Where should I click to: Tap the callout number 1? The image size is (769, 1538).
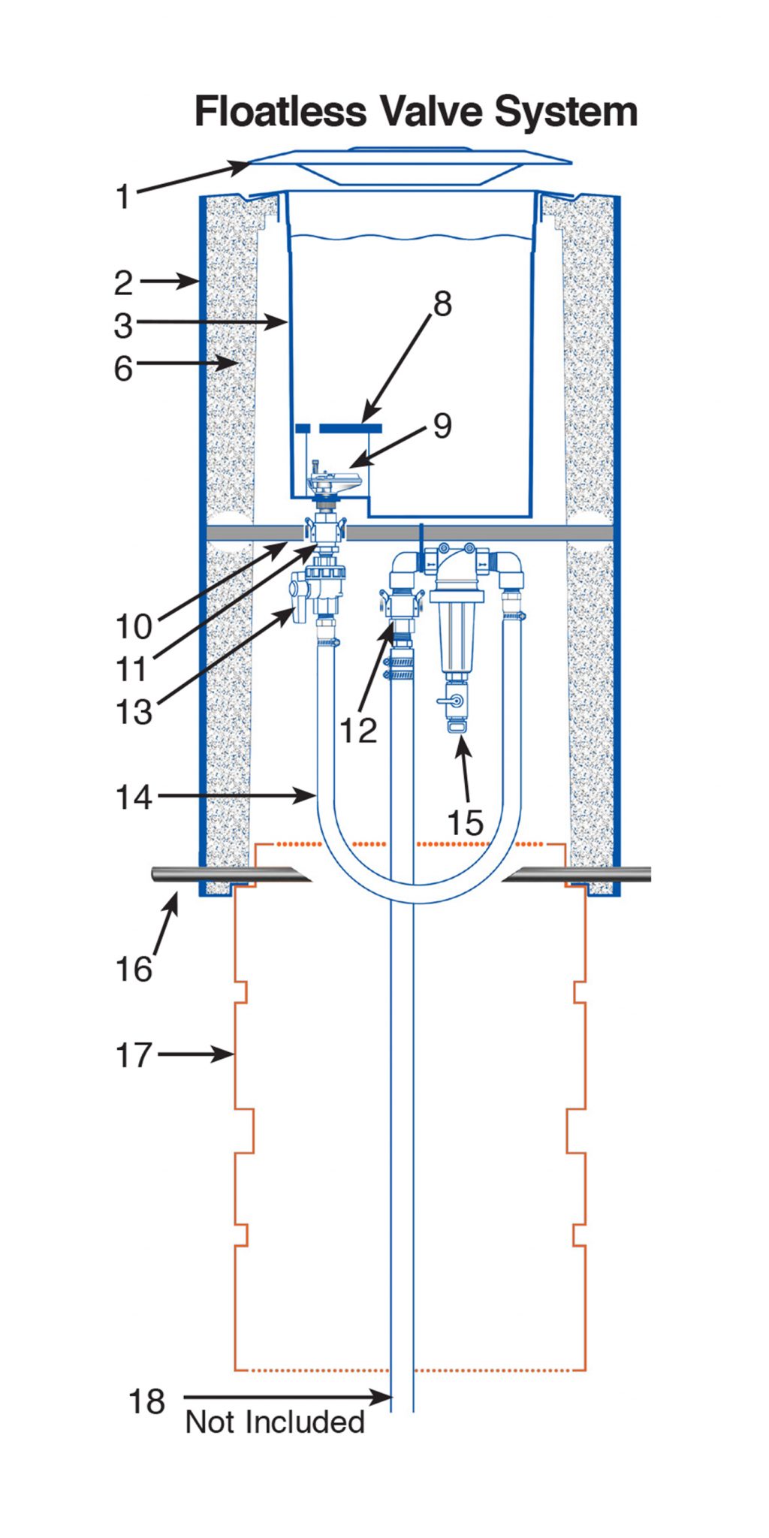pyautogui.click(x=123, y=198)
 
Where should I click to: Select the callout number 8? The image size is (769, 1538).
pyautogui.click(x=442, y=304)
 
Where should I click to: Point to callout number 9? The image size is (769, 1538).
pyautogui.click(x=442, y=426)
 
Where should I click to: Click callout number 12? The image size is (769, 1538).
pyautogui.click(x=357, y=730)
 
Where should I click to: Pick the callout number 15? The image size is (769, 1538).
pyautogui.click(x=465, y=822)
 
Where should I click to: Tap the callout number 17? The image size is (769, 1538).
pyautogui.click(x=134, y=1055)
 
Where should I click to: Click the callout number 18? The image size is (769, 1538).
pyautogui.click(x=146, y=1401)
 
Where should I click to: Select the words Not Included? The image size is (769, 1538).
pyautogui.click(x=275, y=1422)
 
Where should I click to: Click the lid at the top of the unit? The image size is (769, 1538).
pyautogui.click(x=410, y=165)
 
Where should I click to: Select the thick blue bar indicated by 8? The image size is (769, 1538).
pyautogui.click(x=351, y=428)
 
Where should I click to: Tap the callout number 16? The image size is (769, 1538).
pyautogui.click(x=134, y=969)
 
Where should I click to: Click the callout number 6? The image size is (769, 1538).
pyautogui.click(x=123, y=369)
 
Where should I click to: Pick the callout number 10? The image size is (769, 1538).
pyautogui.click(x=134, y=626)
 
